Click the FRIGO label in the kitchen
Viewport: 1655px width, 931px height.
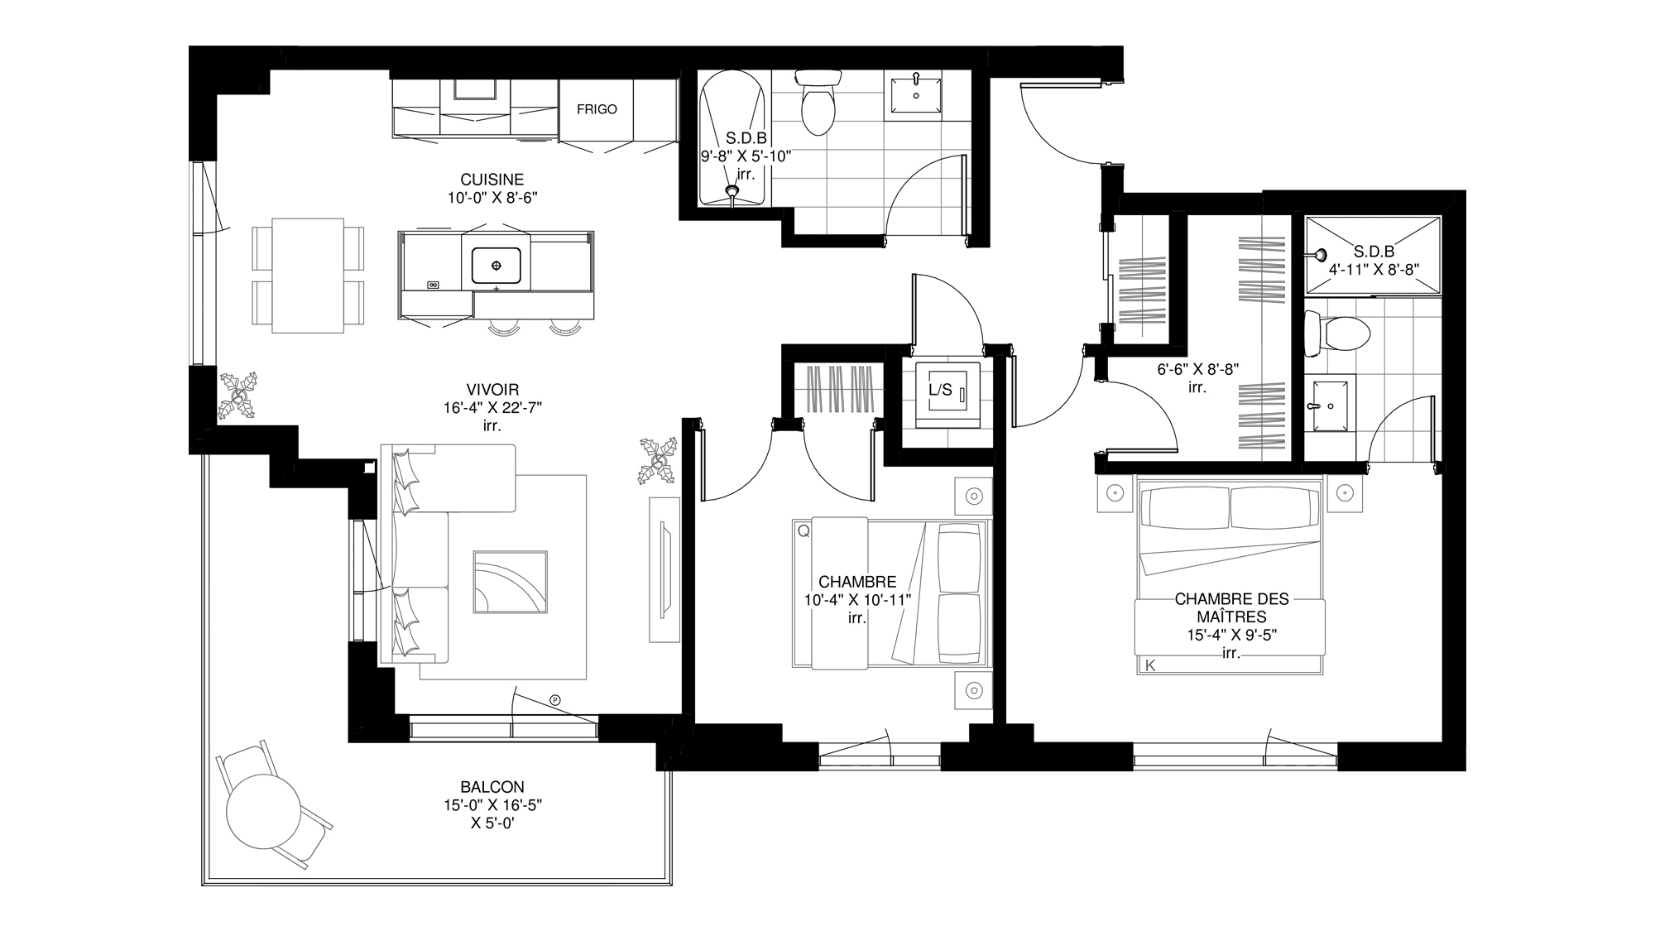point(597,109)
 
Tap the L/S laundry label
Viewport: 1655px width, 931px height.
point(940,389)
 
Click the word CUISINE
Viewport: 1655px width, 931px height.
point(492,180)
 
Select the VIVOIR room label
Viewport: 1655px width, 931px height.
point(492,390)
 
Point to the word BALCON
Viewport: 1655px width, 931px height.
point(492,787)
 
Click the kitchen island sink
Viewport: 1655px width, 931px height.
point(496,265)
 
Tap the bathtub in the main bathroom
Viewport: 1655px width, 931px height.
point(732,139)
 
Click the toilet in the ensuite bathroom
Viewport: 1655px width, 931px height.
point(1336,334)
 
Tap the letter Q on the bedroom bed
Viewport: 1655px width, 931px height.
point(803,531)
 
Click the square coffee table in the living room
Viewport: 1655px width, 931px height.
point(511,582)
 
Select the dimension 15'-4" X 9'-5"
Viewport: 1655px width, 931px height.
point(1230,636)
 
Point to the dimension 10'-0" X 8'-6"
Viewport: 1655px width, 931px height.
point(492,198)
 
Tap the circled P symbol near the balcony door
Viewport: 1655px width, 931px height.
point(555,700)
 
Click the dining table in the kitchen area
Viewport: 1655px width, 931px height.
point(308,276)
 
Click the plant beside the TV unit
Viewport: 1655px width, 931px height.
point(659,461)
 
